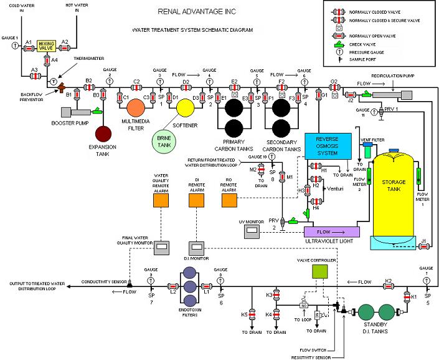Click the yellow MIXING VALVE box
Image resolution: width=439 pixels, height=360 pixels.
click(47, 46)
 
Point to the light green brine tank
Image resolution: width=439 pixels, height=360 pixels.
click(163, 141)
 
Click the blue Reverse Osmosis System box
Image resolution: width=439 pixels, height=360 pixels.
click(328, 145)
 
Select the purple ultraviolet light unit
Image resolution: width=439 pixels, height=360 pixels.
click(329, 232)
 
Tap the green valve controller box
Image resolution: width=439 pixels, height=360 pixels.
click(319, 271)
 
